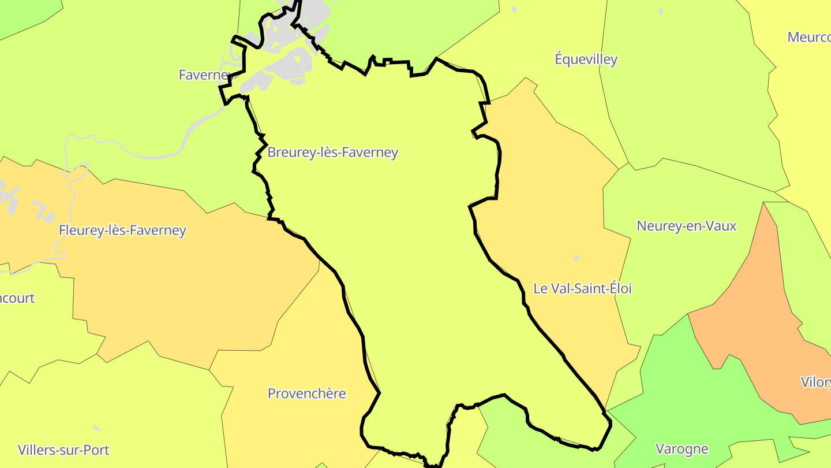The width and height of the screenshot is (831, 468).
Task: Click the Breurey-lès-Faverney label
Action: [x=332, y=153]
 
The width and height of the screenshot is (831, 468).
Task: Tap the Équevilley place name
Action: [x=586, y=60]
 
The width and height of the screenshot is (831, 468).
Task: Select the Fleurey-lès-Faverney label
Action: [x=122, y=231]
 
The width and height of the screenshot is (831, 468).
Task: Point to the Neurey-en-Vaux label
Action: [x=686, y=226]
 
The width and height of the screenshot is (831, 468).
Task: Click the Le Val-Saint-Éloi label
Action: [x=582, y=288]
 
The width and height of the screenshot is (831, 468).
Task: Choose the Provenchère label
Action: [x=306, y=394]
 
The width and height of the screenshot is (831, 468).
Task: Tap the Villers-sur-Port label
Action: [x=63, y=450]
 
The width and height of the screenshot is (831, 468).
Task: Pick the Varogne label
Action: [x=682, y=449]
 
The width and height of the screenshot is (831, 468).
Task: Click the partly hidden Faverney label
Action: [x=203, y=75]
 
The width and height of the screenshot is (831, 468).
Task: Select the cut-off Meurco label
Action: [x=808, y=38]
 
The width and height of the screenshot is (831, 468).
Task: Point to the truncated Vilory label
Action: [x=815, y=382]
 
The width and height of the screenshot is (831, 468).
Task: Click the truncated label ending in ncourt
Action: [x=17, y=299]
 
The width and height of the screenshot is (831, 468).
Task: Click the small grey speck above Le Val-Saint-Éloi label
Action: [x=576, y=258]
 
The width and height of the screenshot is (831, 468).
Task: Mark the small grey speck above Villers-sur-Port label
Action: [x=96, y=428]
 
